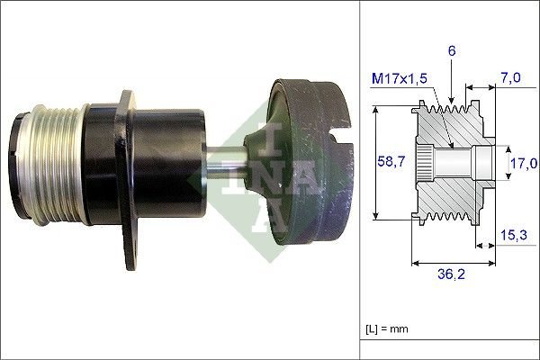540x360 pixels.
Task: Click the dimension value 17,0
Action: click(523, 163)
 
